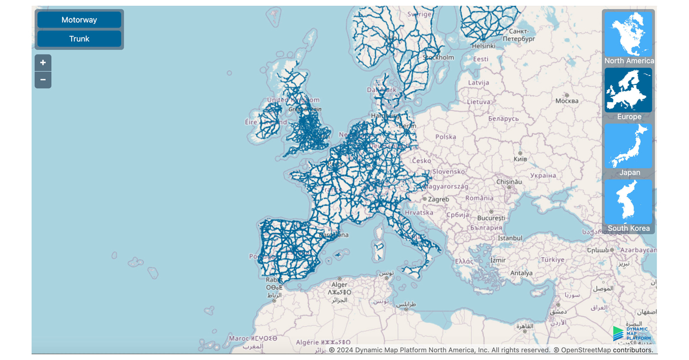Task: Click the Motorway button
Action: [x=79, y=20]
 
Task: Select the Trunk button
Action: [x=79, y=39]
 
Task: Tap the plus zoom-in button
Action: [x=43, y=63]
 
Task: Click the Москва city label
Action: [x=567, y=101]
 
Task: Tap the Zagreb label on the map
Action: [x=438, y=199]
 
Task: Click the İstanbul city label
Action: [x=510, y=238]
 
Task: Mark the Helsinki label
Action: [x=483, y=45]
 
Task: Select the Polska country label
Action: [x=446, y=137]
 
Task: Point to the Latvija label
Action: [x=478, y=83]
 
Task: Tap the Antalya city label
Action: [x=521, y=273]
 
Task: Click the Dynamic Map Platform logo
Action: [x=630, y=334]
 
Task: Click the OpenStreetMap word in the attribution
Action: [x=586, y=350]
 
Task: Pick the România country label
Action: [x=479, y=198]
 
